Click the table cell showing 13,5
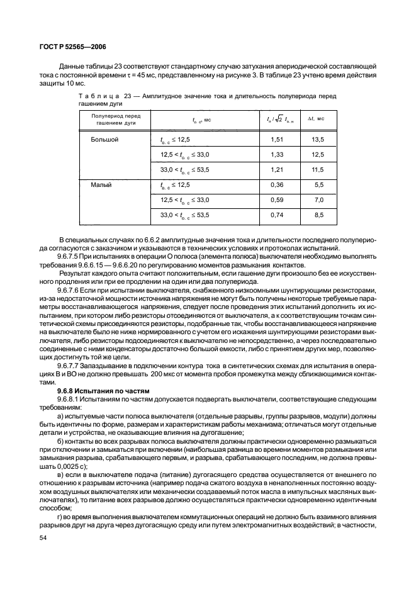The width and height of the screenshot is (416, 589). point(318,140)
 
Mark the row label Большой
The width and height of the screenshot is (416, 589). point(105,140)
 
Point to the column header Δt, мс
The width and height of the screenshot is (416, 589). point(315,119)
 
